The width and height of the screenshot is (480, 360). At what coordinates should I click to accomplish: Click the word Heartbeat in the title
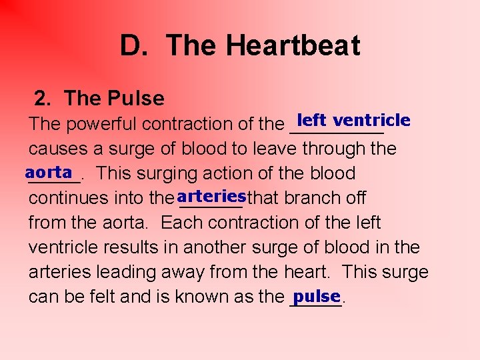click(293, 45)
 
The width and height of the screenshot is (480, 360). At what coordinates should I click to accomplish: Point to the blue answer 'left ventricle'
click(353, 120)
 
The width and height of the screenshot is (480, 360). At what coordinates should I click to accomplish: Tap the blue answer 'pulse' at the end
click(317, 295)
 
